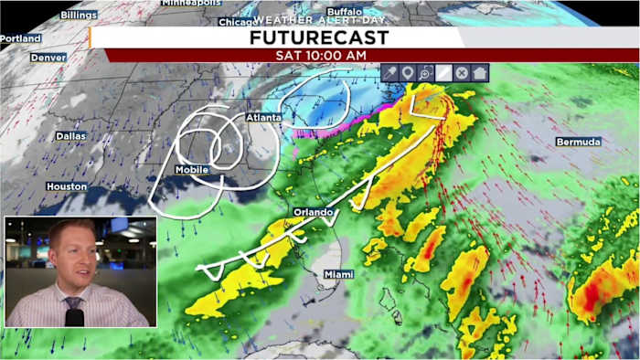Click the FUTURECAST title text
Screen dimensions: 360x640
(x=319, y=37)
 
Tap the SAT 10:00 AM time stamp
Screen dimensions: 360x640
(x=319, y=55)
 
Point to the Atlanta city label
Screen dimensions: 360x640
(x=263, y=118)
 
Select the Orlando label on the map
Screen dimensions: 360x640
(x=312, y=212)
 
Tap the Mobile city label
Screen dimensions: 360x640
(x=192, y=170)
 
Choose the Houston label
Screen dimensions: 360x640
(x=67, y=186)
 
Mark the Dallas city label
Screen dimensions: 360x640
(x=70, y=135)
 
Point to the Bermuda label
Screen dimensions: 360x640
(x=578, y=143)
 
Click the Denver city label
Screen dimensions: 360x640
(x=48, y=57)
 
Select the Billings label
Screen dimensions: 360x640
(x=79, y=16)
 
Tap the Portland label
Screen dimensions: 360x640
(x=20, y=38)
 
